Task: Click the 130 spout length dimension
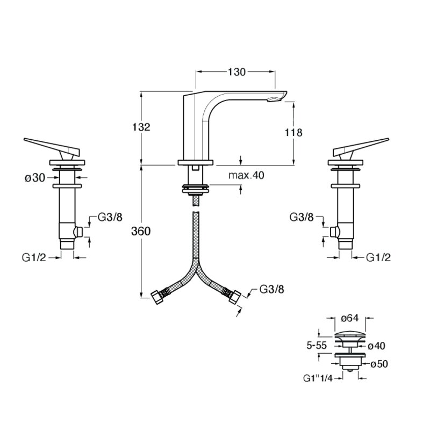click(236, 72)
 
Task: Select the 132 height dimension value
click(141, 127)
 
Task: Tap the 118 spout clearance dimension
click(293, 133)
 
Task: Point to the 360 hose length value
click(141, 232)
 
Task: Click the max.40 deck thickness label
click(246, 175)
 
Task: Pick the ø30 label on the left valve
click(35, 178)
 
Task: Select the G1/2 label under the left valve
click(34, 258)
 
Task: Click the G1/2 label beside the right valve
click(378, 257)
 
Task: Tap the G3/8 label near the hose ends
click(272, 289)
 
